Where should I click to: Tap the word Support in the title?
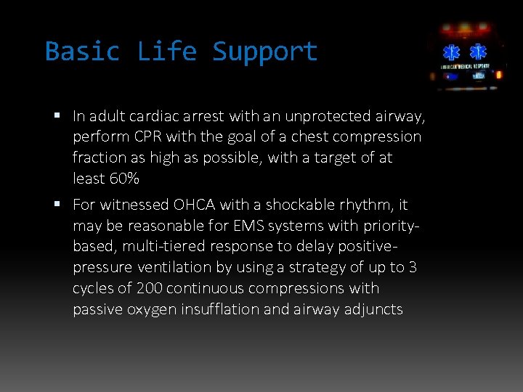[265, 52]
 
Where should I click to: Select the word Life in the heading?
[167, 52]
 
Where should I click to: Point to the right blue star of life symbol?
[478, 53]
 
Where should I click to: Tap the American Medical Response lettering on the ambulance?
[466, 67]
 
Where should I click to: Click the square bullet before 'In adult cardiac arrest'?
[58, 115]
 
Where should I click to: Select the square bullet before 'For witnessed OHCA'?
[58, 205]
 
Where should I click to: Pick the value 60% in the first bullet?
[123, 178]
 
